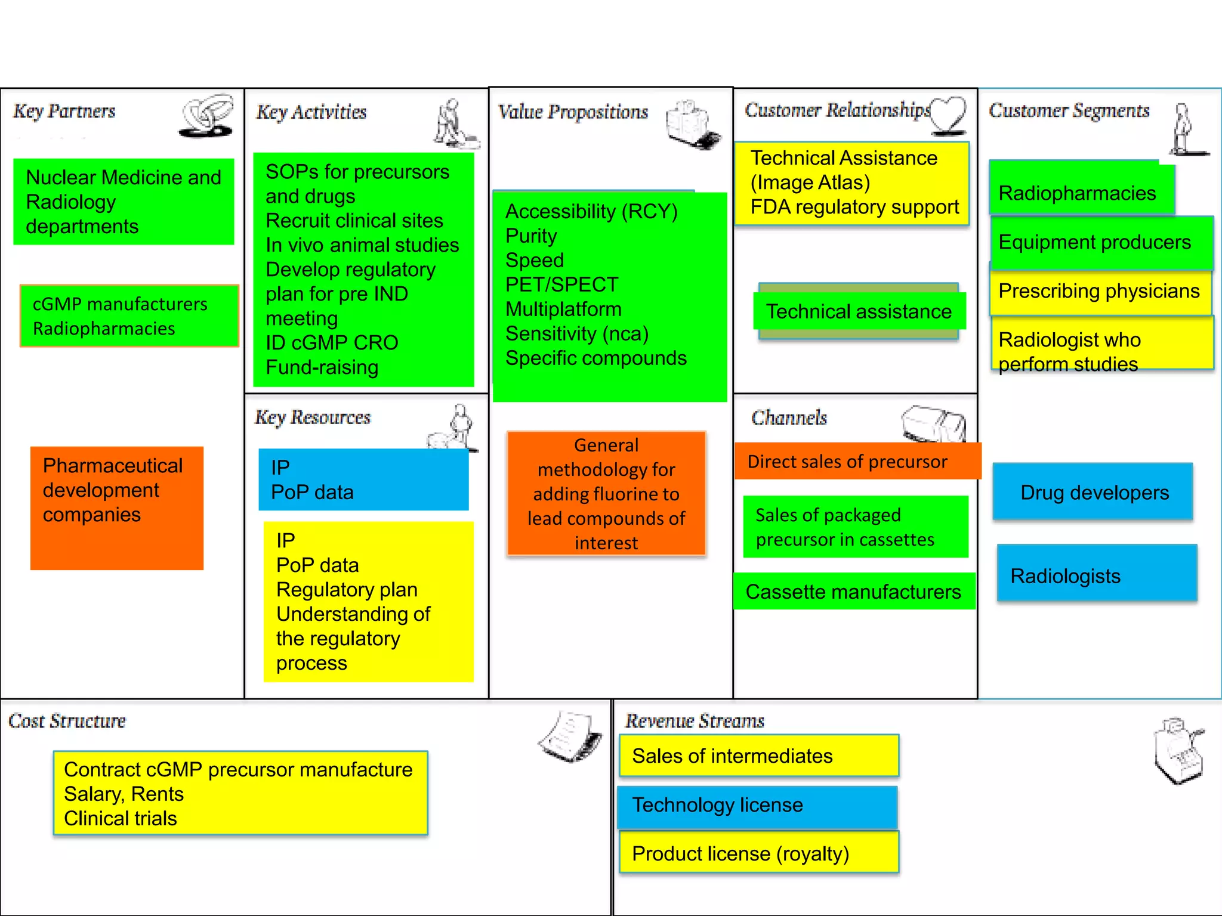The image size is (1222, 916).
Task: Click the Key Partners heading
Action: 64,112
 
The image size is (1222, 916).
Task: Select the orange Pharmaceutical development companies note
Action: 117,507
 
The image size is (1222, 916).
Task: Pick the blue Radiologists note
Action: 1097,574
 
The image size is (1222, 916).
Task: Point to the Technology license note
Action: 757,806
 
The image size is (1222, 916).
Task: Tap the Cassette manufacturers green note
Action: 854,592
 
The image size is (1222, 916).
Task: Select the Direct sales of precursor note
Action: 857,462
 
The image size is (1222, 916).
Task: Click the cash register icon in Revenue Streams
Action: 1178,751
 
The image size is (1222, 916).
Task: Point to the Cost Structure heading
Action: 67,721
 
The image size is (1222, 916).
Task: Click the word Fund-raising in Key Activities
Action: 322,367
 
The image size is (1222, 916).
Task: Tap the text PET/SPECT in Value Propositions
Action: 561,285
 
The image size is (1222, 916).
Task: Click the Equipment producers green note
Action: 1099,243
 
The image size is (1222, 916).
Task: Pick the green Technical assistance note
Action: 859,312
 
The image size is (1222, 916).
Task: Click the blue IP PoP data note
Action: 363,480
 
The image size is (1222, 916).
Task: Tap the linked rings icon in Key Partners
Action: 206,115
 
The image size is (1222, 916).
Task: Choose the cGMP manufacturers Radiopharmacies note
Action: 129,316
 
